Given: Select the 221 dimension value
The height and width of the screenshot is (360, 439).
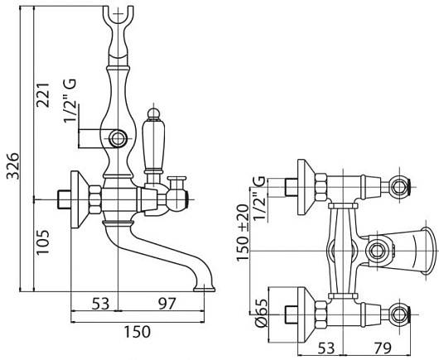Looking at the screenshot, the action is coord(43,95).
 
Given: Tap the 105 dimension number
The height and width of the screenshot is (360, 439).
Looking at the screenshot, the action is coord(43,242).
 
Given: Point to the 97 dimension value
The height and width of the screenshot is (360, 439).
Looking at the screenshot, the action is coord(167,303).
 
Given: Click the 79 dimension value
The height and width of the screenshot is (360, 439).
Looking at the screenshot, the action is coord(382,348).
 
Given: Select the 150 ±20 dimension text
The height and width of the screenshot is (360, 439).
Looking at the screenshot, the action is coord(243,233).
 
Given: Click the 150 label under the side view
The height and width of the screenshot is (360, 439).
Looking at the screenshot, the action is coord(137,332).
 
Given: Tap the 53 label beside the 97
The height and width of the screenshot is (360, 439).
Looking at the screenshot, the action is coord(100,303).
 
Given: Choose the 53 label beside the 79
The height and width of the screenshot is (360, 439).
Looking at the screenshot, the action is coord(326,348).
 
